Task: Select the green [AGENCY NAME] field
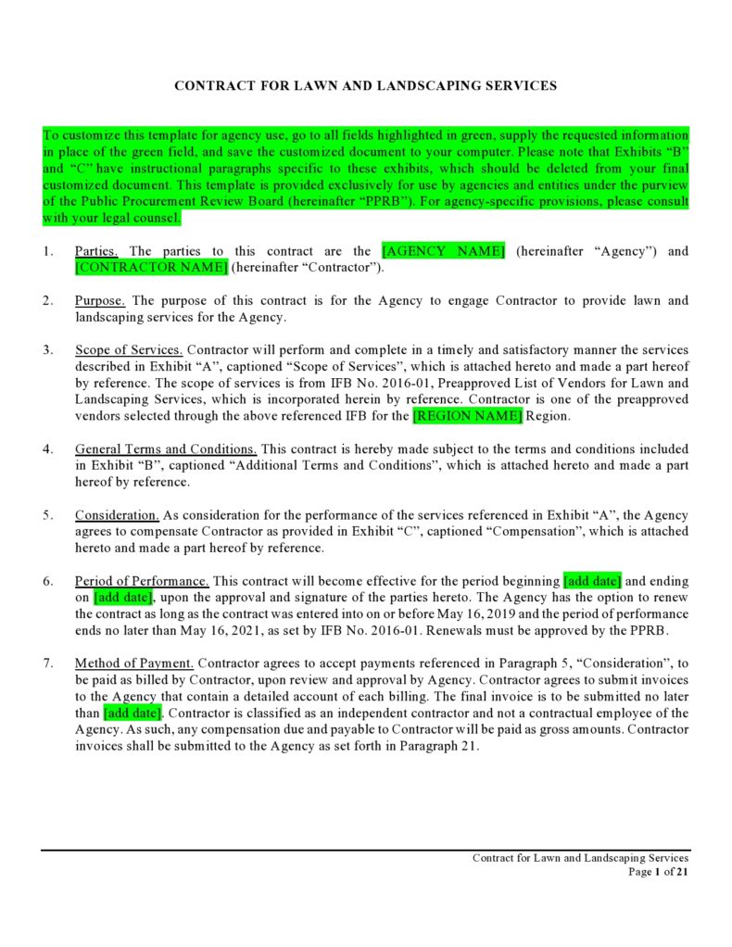tap(443, 251)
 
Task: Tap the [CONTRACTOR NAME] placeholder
tap(151, 268)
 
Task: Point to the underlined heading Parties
tap(96, 251)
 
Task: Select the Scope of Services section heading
tap(129, 350)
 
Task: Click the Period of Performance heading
tap(142, 582)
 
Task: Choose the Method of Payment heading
tap(134, 663)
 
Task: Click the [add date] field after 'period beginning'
tap(592, 582)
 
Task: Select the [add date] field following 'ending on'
tap(122, 598)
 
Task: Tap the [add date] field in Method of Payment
tap(133, 713)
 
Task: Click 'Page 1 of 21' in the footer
tap(658, 872)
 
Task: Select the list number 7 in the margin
tap(47, 663)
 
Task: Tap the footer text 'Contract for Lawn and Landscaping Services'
tap(580, 858)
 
